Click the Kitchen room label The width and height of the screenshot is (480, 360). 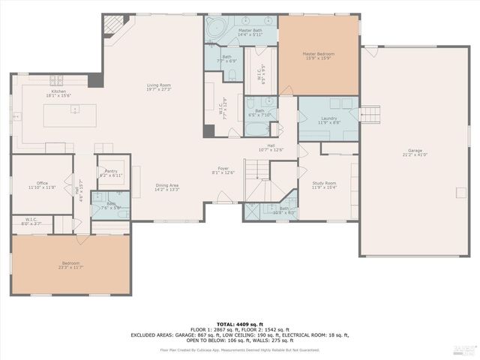click(x=58, y=92)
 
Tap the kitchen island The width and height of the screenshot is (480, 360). click(x=74, y=115)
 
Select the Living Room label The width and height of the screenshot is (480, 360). click(x=158, y=87)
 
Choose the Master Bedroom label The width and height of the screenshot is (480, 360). click(x=318, y=55)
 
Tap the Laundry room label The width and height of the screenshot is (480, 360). click(x=328, y=119)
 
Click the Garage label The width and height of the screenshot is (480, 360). click(x=415, y=152)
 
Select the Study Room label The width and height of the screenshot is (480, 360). click(x=325, y=184)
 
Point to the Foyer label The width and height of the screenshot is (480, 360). click(x=224, y=170)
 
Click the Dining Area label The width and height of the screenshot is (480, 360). click(x=166, y=187)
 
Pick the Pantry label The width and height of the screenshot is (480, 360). click(x=111, y=172)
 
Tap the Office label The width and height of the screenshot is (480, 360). click(x=42, y=184)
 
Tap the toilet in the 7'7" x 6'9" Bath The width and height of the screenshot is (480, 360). click(x=232, y=73)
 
